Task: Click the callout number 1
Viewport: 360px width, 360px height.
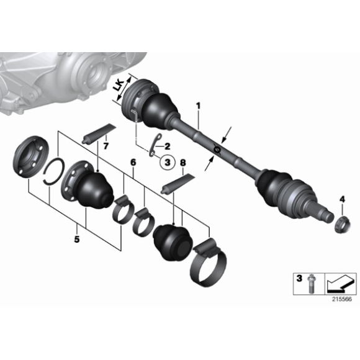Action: coord(199,106)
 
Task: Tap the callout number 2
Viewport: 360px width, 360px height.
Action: coord(166,147)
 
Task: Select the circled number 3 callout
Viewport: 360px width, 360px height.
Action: coord(166,163)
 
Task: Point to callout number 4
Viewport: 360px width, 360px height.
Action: coord(341,199)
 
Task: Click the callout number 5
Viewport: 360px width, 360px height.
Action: coord(76,237)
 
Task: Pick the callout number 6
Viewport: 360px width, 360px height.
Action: coord(132,163)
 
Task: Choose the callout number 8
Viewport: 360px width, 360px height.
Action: coord(182,163)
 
